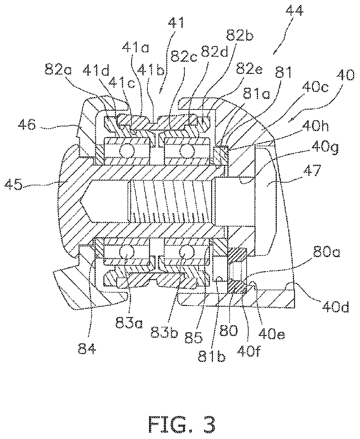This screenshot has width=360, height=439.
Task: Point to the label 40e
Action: point(271,333)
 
